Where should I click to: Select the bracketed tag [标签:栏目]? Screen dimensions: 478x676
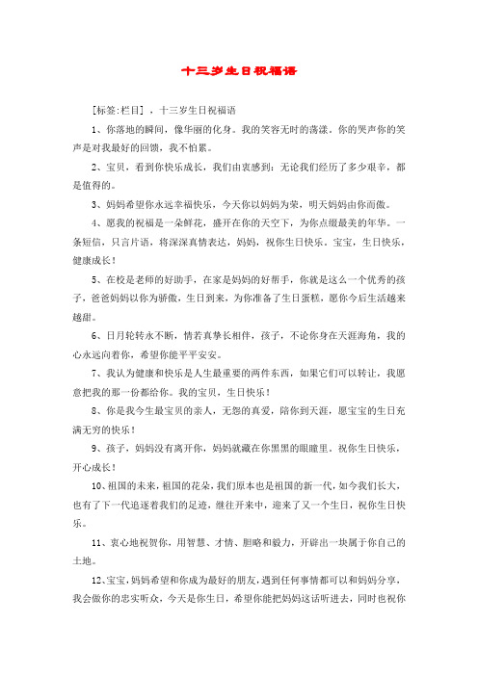pos(118,109)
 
